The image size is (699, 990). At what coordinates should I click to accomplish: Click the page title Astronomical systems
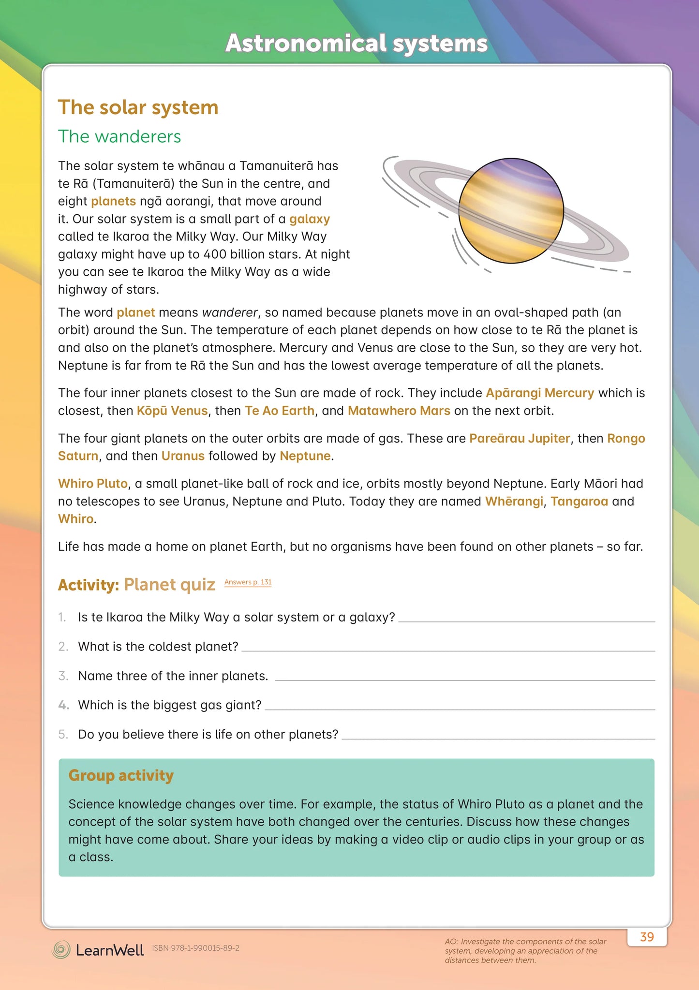[x=356, y=43]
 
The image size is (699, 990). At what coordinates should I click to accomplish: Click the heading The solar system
[x=138, y=107]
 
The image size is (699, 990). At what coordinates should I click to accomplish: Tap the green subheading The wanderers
[x=119, y=136]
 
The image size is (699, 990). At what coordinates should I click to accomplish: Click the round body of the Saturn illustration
[x=511, y=211]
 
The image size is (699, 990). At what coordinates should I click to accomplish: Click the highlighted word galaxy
[x=310, y=219]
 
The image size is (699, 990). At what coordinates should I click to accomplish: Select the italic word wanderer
[x=230, y=312]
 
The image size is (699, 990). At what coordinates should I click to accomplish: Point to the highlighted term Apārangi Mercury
[x=540, y=393]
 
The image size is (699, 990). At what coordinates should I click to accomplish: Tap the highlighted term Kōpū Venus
[x=172, y=411]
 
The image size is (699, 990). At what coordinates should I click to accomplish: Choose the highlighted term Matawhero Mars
[x=399, y=411]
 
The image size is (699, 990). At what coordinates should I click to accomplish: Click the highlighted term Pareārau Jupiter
[x=520, y=438]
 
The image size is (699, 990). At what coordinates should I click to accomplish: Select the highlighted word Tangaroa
[x=579, y=501]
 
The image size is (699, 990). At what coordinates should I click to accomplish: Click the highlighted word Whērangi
[x=514, y=501]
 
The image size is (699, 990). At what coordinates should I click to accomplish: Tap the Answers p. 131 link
[x=248, y=582]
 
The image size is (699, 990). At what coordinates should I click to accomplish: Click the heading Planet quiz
[x=169, y=585]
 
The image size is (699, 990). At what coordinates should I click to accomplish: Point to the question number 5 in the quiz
[x=63, y=734]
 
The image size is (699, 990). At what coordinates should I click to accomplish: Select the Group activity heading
[x=121, y=775]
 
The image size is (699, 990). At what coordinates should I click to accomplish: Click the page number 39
[x=647, y=937]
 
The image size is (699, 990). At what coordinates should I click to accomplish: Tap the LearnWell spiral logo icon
[x=61, y=949]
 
